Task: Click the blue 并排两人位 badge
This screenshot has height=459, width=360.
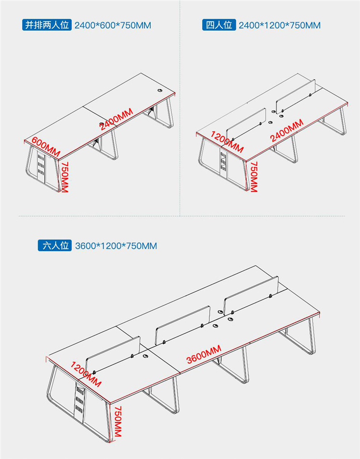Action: point(47,25)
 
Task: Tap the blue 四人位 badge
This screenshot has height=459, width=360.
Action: point(219,25)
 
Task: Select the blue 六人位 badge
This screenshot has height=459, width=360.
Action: point(55,245)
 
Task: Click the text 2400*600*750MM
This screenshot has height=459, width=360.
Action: point(113,25)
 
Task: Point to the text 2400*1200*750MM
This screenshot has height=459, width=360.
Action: point(279,25)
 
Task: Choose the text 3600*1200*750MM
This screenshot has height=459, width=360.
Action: point(116,246)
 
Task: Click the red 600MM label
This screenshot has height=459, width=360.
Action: point(46,147)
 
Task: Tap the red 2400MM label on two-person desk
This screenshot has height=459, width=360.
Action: point(117,119)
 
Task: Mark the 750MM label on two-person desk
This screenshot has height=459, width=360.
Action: point(64,177)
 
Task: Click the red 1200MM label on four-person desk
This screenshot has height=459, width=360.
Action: point(227,142)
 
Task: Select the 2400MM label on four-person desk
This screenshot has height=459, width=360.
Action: point(287,131)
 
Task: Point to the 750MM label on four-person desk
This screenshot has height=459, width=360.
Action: point(253,177)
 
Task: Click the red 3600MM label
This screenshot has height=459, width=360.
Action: point(204,354)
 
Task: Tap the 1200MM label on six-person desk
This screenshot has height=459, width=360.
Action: point(86,374)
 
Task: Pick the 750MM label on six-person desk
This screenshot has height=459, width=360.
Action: point(118,421)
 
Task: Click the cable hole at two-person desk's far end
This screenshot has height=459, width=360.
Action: point(160,90)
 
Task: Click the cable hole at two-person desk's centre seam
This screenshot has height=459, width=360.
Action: point(101,123)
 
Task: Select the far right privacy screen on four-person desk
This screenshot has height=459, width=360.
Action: point(296,96)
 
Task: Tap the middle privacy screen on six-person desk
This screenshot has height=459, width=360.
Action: point(183,325)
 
